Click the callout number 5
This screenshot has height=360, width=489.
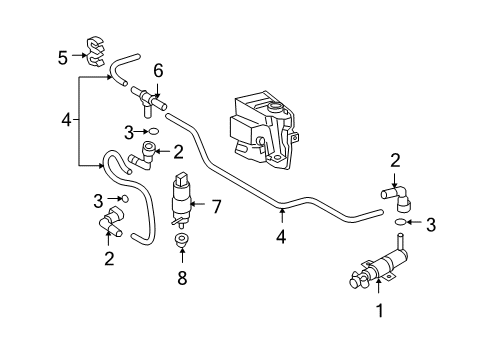[63, 58]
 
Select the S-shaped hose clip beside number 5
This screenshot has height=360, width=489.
[96, 51]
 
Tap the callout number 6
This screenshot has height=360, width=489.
[158, 71]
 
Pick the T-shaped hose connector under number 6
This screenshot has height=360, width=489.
[149, 101]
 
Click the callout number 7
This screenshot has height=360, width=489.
[217, 206]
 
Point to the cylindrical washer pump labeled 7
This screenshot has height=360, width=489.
[180, 200]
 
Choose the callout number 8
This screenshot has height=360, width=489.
[182, 278]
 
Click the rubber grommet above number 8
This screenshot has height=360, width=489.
[181, 241]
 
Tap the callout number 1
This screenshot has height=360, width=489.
[379, 311]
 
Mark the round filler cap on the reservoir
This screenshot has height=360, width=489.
[275, 108]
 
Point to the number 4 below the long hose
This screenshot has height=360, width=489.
[281, 237]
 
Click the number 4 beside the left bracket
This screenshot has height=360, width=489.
[66, 120]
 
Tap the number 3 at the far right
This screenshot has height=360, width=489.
[431, 225]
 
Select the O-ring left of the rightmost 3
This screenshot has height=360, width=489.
[400, 221]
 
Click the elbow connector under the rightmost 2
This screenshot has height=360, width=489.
[397, 198]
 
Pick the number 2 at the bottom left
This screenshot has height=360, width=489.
[109, 258]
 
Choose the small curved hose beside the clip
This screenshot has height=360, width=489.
[122, 68]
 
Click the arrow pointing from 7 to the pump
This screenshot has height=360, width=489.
[199, 204]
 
